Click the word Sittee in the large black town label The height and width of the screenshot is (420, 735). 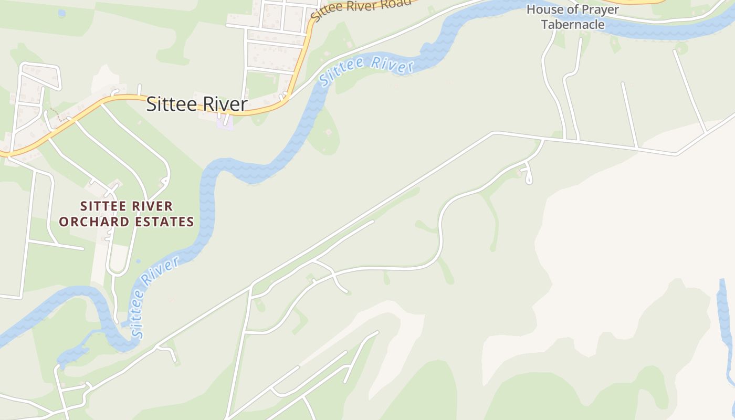pos(171,104)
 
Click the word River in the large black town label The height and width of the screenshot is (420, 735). pos(223,104)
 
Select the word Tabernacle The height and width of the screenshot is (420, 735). pos(573,24)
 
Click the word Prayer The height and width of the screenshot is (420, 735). pos(598,9)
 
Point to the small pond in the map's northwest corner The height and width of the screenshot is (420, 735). pos(61,13)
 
